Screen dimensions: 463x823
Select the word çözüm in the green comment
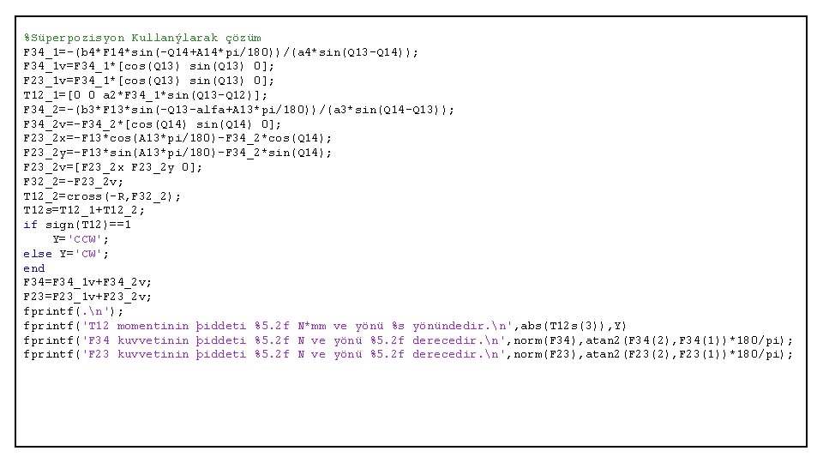[x=243, y=38]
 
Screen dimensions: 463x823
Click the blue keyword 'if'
[x=30, y=225]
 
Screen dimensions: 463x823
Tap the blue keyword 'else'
[x=37, y=254]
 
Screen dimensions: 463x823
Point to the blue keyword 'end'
[x=33, y=268]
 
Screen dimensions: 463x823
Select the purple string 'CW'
[x=92, y=254]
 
